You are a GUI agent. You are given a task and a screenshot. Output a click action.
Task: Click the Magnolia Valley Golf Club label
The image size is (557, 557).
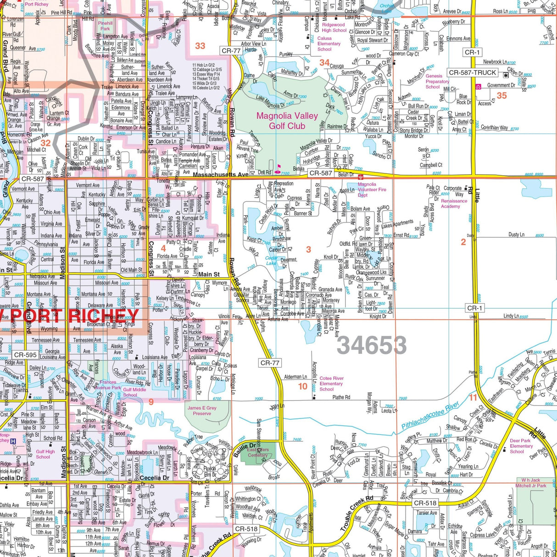pos(287,121)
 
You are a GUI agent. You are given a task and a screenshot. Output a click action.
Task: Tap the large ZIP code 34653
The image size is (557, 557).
pos(372,345)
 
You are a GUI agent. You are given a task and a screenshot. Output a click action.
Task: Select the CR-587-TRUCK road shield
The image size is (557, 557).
pos(472,72)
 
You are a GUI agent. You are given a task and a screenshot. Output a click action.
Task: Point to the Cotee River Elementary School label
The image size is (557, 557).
pos(331,384)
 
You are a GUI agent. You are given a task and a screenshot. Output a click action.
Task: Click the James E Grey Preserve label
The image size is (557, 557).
pos(202,411)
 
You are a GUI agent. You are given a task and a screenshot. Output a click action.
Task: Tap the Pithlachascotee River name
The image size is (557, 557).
pos(430,416)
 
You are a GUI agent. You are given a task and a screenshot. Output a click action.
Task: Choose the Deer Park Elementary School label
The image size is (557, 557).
pos(521,446)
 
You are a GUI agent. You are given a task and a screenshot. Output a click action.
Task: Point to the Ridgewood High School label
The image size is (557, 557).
pos(334,28)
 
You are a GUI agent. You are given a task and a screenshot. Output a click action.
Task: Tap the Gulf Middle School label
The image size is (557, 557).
pos(134,392)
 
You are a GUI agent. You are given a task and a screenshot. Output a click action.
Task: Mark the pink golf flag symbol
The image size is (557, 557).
pos(277,168)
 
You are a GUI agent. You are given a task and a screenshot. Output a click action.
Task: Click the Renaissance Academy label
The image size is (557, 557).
pos(454,204)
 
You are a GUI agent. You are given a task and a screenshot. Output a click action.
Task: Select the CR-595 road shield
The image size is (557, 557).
pos(25,355)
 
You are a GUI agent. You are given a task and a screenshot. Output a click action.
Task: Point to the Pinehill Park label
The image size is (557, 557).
pos(105,26)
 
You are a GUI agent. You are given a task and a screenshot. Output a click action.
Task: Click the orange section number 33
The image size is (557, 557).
pos(200,46)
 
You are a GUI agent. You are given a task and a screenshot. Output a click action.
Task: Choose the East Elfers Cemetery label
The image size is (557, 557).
pos(258,452)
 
